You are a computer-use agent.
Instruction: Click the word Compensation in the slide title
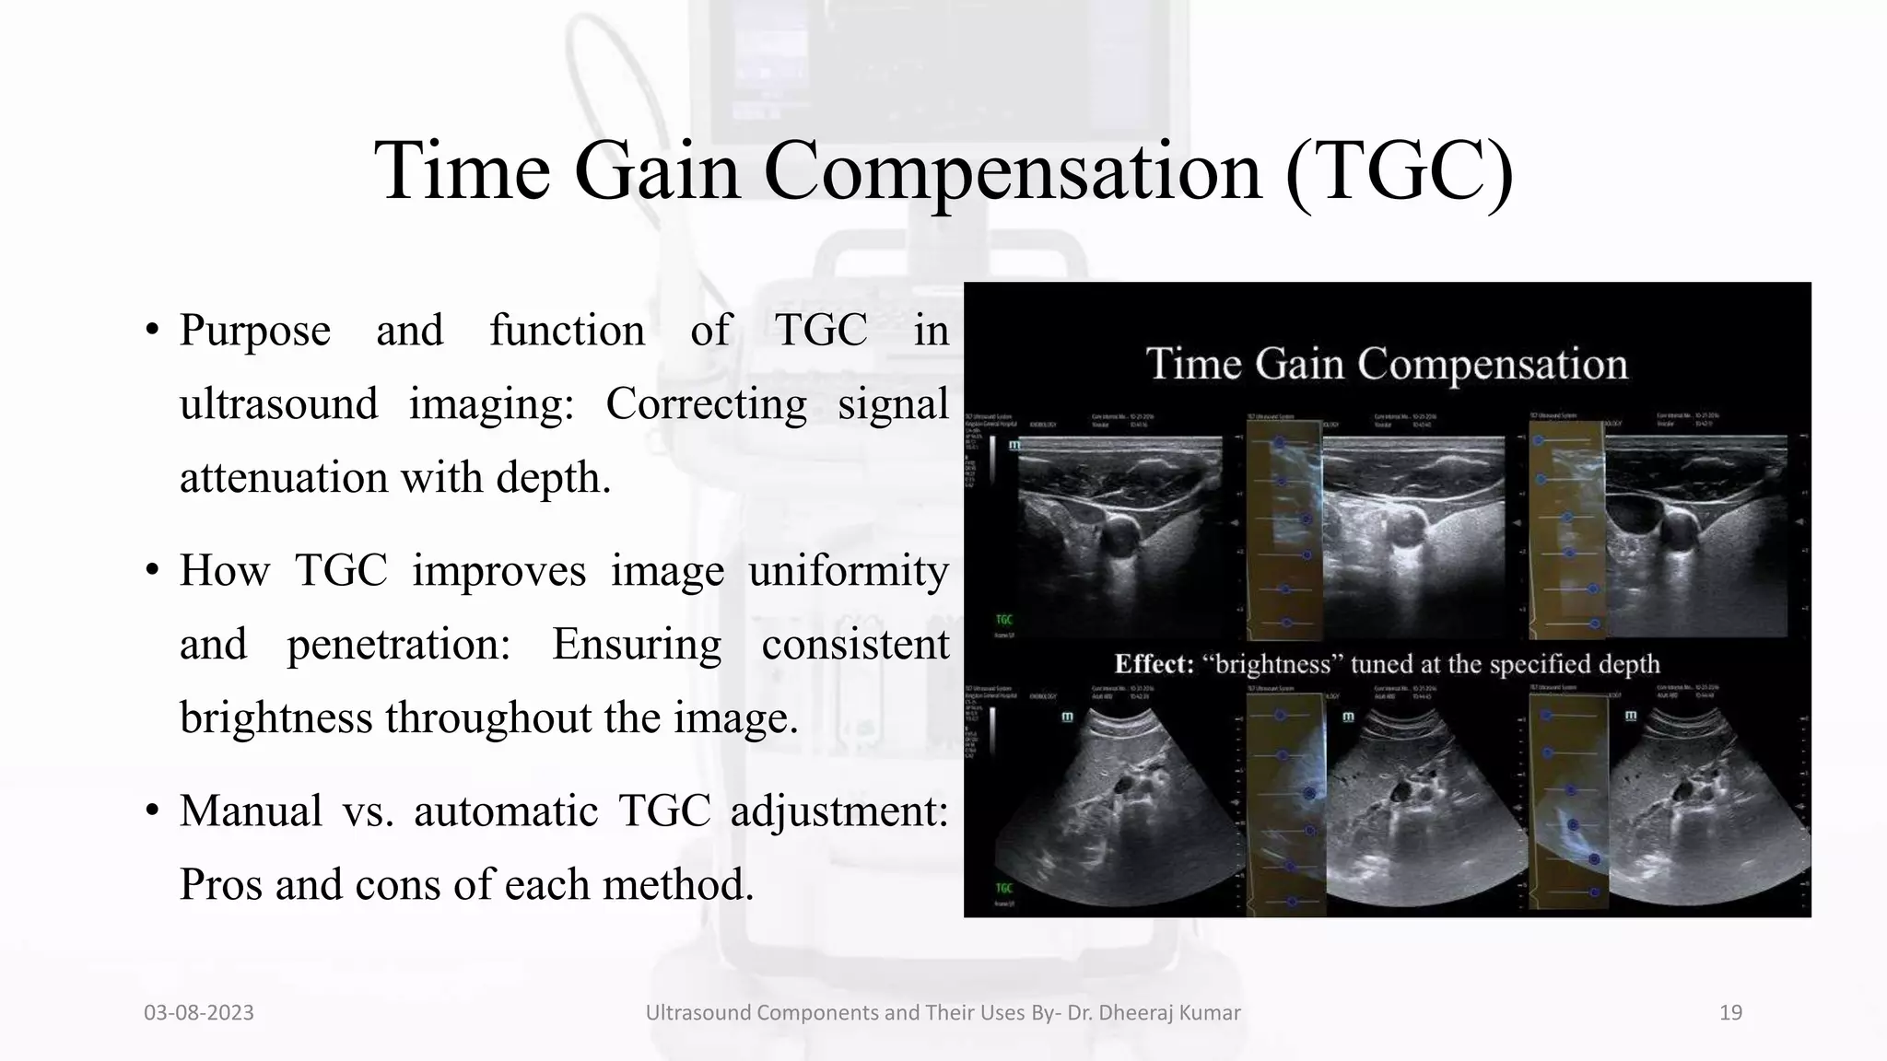(x=1013, y=171)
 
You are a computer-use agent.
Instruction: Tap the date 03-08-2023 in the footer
(x=199, y=1013)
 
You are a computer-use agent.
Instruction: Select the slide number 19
(x=1730, y=1013)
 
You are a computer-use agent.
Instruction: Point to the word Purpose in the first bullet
(x=255, y=332)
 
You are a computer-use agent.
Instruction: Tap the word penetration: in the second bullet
(x=398, y=645)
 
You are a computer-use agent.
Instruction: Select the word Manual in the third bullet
(x=251, y=811)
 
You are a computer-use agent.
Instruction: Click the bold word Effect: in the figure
(x=1154, y=664)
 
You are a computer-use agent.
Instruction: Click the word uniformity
(x=849, y=571)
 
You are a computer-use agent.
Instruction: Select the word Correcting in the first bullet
(x=706, y=404)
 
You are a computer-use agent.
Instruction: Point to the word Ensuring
(x=637, y=645)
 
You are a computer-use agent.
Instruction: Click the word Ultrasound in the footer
(x=697, y=1013)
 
